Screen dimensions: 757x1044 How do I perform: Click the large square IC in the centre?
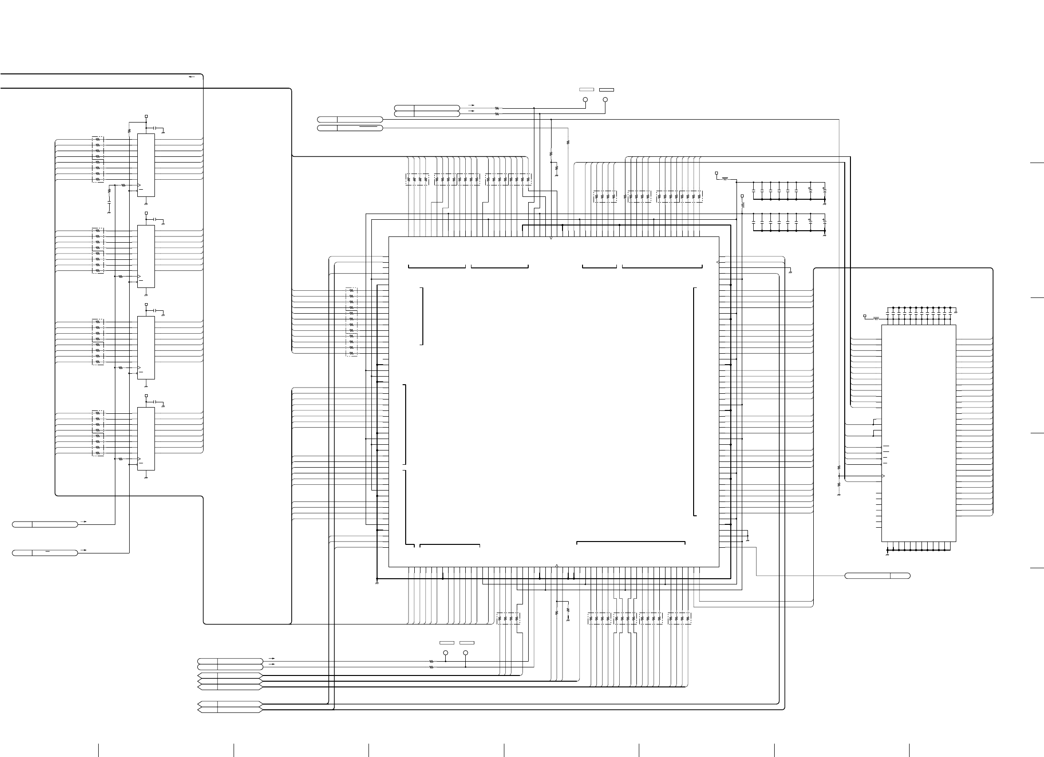(x=553, y=401)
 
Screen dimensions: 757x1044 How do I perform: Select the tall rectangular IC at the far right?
(x=919, y=433)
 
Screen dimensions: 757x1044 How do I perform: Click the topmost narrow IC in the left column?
(x=146, y=165)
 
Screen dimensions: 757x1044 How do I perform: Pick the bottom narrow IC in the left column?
(x=146, y=439)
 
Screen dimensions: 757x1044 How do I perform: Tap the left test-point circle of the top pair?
(x=585, y=100)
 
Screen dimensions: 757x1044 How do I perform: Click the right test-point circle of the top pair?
(x=605, y=100)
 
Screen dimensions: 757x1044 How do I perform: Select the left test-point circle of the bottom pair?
(x=446, y=653)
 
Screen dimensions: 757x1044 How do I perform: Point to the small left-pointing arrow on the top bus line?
(x=192, y=76)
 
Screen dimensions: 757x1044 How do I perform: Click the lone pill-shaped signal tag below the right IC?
(x=877, y=576)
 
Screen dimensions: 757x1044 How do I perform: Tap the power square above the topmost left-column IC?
(x=146, y=116)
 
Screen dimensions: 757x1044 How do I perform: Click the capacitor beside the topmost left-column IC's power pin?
(x=154, y=128)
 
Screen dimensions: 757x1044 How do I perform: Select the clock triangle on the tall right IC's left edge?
(x=883, y=477)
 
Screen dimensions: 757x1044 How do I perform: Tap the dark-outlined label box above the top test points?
(x=606, y=90)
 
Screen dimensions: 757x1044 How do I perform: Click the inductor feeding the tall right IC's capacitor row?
(x=876, y=318)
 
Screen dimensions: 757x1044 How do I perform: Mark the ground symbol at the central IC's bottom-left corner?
(x=377, y=583)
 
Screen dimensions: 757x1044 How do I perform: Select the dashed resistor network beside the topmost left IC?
(x=98, y=159)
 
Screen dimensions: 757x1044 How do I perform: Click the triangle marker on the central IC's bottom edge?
(x=557, y=566)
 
